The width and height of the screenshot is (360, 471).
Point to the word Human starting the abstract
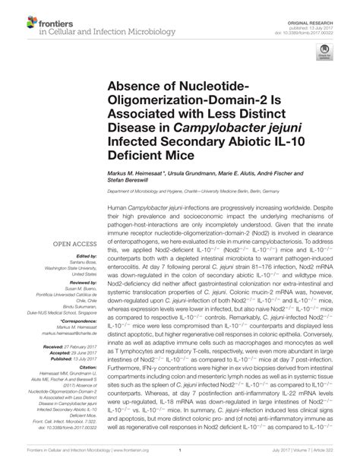(x=118, y=207)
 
